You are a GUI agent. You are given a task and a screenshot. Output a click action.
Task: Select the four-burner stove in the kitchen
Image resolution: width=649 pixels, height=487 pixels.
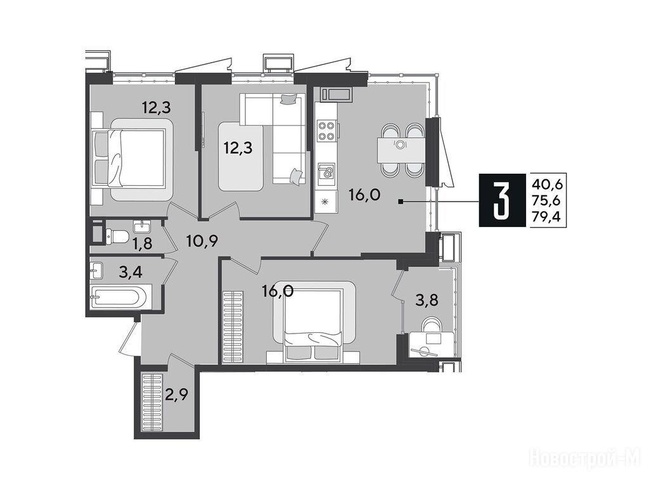pos(326,130)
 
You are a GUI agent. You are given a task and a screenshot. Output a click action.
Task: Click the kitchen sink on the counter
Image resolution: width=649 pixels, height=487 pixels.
pos(326,172)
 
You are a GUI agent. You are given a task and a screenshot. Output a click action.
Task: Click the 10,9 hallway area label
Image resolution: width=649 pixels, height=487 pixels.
pos(202,240)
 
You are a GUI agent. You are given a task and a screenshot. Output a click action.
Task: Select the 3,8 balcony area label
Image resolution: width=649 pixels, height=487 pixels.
pos(427,300)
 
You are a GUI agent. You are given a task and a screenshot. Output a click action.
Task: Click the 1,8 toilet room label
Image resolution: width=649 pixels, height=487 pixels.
pos(142,244)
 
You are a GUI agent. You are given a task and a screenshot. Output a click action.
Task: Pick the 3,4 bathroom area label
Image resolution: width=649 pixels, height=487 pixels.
pos(131,273)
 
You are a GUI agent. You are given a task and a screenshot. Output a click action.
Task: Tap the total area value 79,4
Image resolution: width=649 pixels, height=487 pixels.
pos(549,216)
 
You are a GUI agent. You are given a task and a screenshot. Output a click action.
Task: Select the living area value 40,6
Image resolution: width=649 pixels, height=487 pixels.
pos(549,183)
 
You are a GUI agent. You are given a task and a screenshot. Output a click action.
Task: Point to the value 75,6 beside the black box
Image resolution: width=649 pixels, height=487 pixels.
pos(549,200)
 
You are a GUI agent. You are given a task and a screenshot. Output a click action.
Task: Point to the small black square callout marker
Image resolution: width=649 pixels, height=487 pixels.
pos(401,202)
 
